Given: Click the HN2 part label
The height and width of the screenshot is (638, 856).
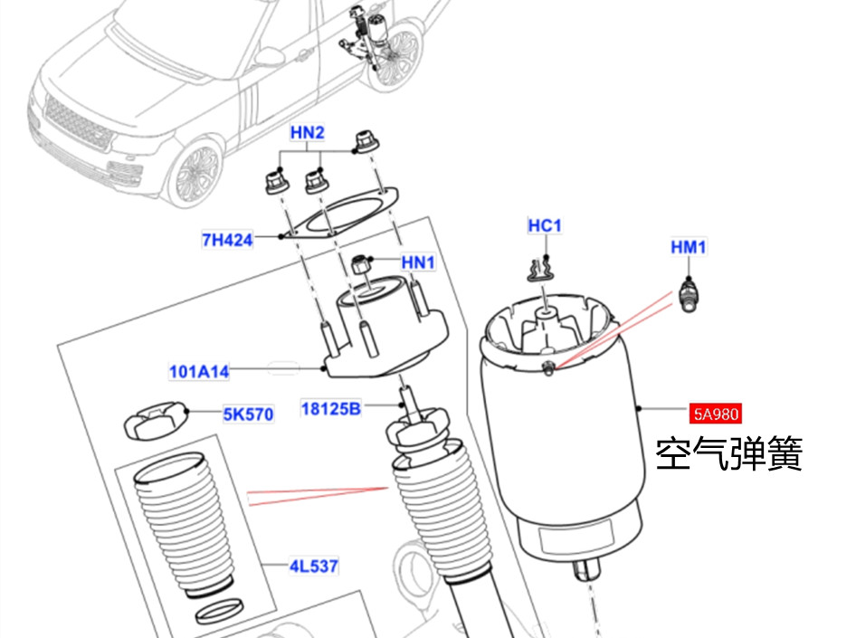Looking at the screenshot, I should [308, 133].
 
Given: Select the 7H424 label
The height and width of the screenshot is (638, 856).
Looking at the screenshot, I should [226, 240].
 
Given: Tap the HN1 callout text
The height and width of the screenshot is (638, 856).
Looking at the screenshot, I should [419, 262].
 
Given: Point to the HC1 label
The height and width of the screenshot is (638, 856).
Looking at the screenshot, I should [545, 224].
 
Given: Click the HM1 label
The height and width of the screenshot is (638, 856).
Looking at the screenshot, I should [689, 246].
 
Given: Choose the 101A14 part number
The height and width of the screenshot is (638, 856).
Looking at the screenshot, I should [199, 371].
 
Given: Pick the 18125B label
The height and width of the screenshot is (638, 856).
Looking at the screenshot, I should [330, 409].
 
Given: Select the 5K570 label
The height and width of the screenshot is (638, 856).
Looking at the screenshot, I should [248, 415].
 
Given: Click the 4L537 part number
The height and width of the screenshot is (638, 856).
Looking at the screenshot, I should [313, 567].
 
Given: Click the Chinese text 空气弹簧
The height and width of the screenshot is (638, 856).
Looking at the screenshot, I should [729, 453].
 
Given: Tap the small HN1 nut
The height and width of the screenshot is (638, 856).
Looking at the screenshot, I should [360, 266].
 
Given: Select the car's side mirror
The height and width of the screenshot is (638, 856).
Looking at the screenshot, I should [269, 58].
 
